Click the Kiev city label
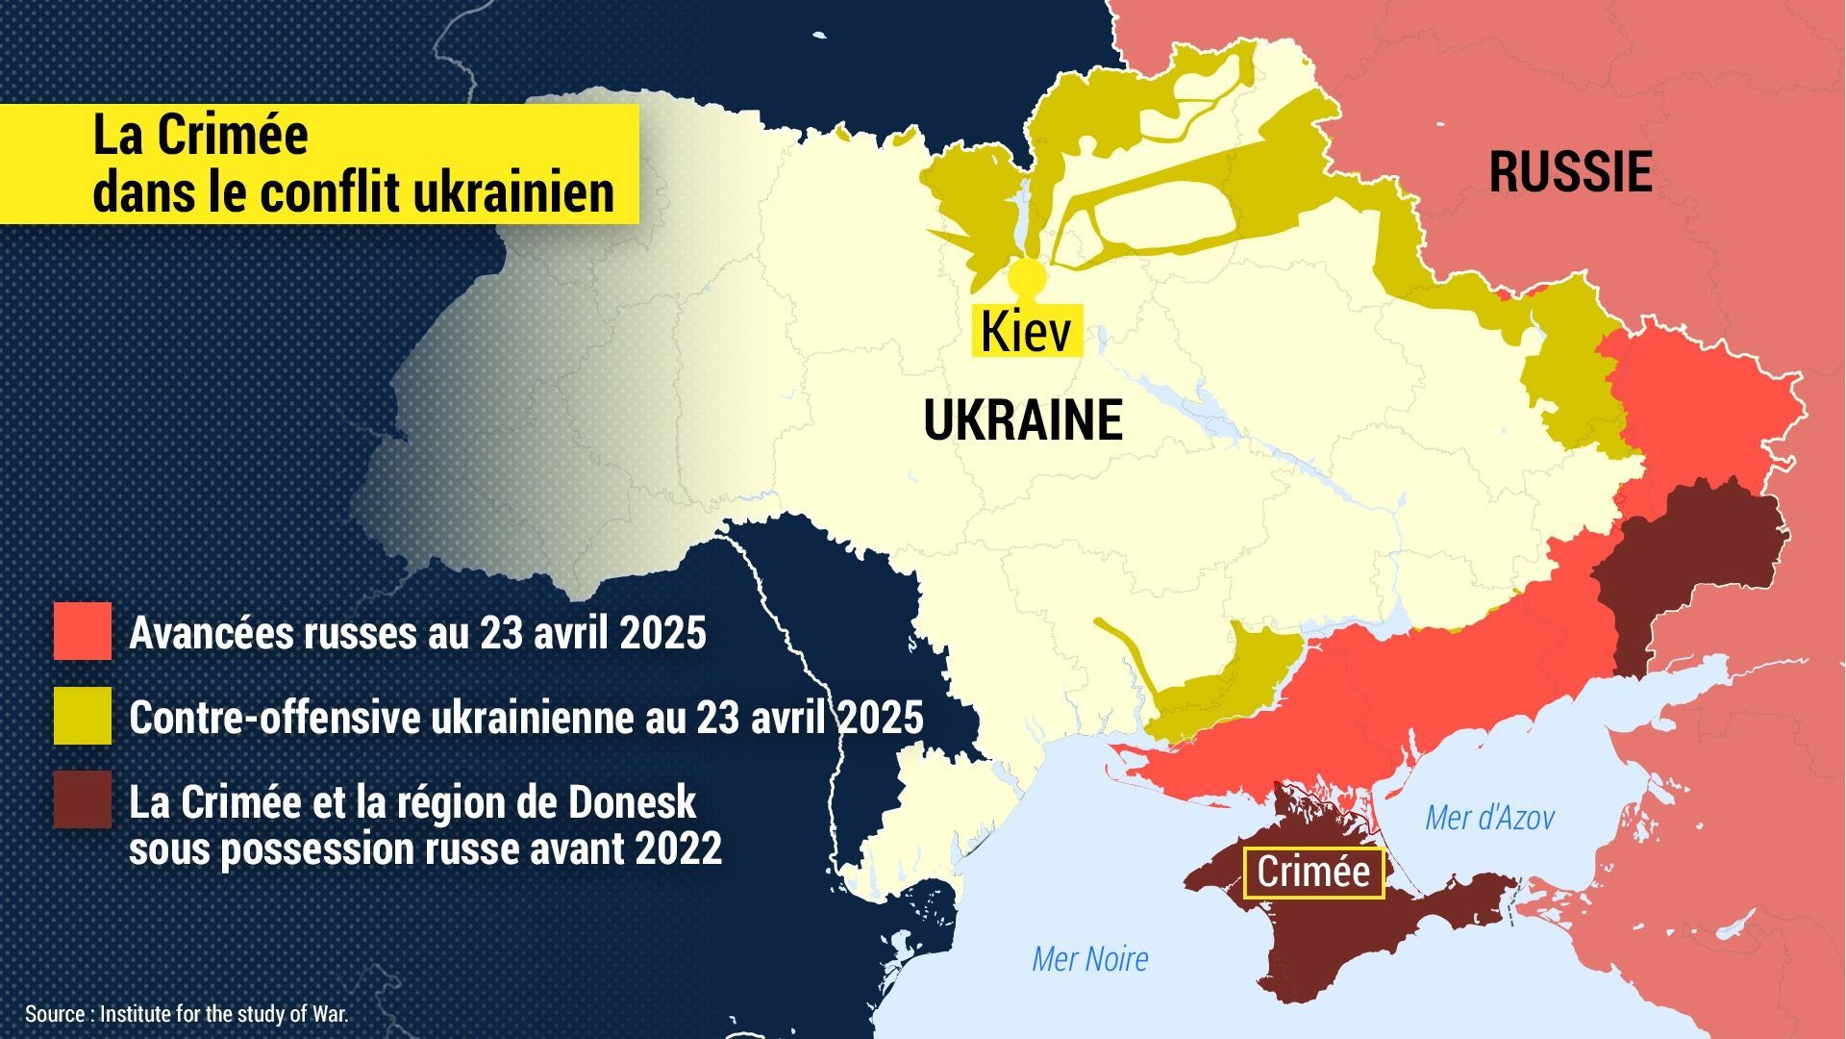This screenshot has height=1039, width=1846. pyautogui.click(x=1026, y=332)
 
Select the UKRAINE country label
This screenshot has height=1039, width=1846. pyautogui.click(x=1023, y=420)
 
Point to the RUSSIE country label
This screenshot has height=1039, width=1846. pyautogui.click(x=1570, y=173)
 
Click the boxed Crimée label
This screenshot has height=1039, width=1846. pyautogui.click(x=1313, y=873)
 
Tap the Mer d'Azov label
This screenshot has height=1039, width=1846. pyautogui.click(x=1489, y=819)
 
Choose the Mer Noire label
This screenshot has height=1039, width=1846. pyautogui.click(x=1089, y=959)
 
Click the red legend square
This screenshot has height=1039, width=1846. pyautogui.click(x=82, y=631)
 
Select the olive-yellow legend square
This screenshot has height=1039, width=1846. pyautogui.click(x=82, y=716)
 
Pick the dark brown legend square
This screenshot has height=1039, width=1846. pyautogui.click(x=82, y=799)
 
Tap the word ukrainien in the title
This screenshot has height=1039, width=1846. pyautogui.click(x=512, y=191)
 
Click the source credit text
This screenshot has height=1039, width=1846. pyautogui.click(x=187, y=1014)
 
